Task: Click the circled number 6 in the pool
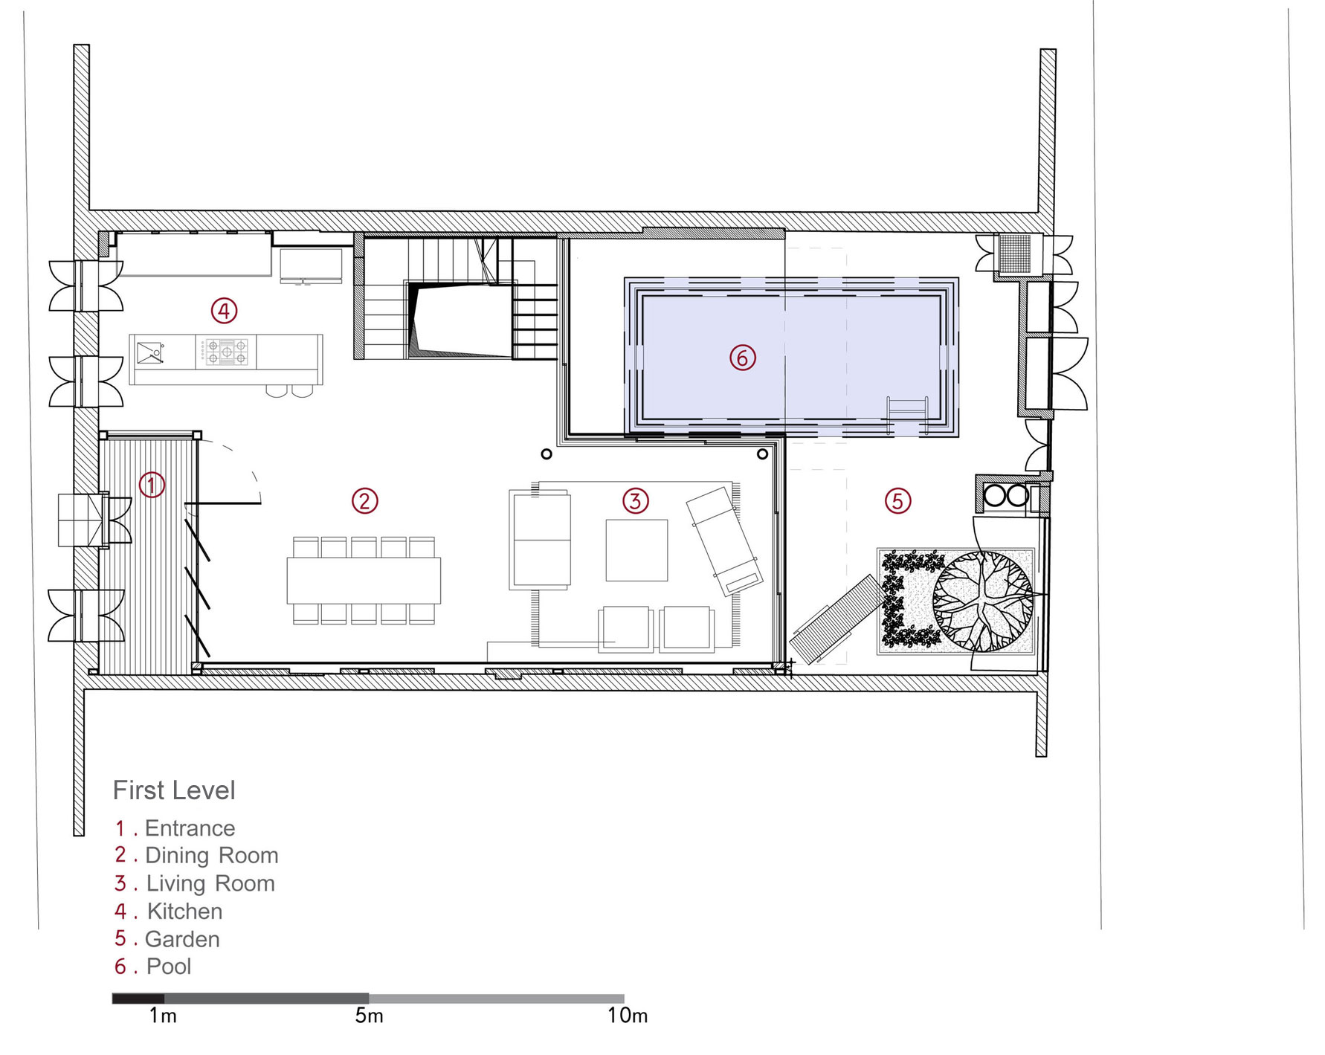(x=742, y=358)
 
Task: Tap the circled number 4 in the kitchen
(x=224, y=310)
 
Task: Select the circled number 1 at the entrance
(x=152, y=485)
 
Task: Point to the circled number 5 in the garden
(x=897, y=500)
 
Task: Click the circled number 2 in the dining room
(x=364, y=501)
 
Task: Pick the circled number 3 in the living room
(x=635, y=500)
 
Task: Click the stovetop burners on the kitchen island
(x=226, y=352)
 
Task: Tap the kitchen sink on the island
(x=151, y=352)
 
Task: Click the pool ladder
(x=907, y=415)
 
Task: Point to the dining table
(x=364, y=580)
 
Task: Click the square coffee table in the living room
(x=636, y=550)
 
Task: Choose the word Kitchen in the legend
(x=184, y=911)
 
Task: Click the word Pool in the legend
(x=169, y=967)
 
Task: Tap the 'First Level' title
(x=174, y=790)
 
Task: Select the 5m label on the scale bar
(x=369, y=1016)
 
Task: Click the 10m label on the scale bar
(x=628, y=1016)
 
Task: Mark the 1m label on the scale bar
(x=163, y=1016)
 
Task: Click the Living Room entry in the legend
(x=210, y=883)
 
